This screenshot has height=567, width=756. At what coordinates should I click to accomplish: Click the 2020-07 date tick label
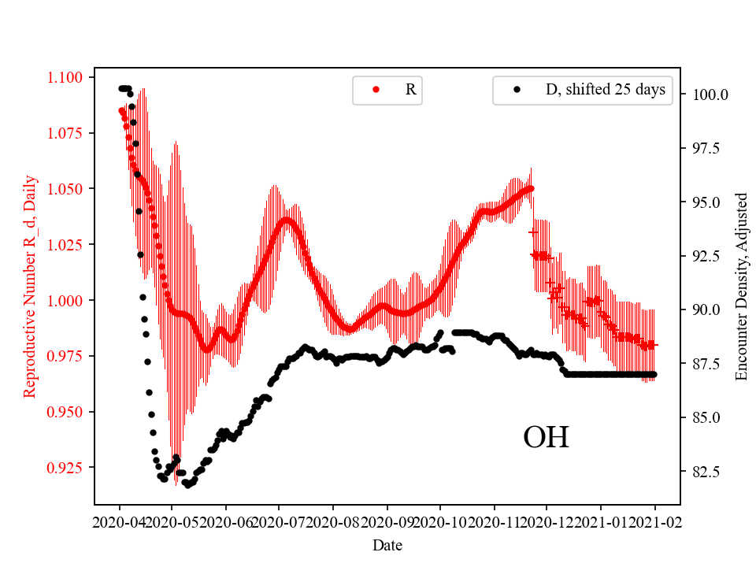tap(279, 521)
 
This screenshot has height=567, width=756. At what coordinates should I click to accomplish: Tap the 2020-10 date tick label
tap(440, 521)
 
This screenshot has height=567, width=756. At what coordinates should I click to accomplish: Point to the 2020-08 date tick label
tap(334, 521)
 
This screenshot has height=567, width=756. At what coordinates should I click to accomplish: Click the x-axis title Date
tap(387, 544)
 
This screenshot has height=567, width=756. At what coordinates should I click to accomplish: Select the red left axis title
tap(30, 287)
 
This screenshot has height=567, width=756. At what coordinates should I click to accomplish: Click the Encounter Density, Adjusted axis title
tap(741, 287)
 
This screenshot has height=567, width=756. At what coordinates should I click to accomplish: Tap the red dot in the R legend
tap(376, 91)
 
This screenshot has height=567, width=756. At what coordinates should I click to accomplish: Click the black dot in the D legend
tap(517, 91)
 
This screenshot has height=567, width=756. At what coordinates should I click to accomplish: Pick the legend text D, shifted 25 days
tap(606, 90)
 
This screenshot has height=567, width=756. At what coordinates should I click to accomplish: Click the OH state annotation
tap(546, 438)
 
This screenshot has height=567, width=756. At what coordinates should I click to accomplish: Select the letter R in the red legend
tap(410, 90)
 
